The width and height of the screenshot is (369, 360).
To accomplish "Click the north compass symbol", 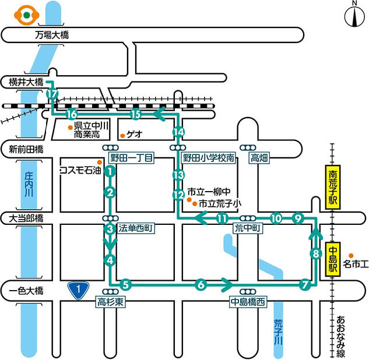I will coord(354,17).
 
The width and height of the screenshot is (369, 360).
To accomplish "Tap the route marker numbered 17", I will coord(53,94).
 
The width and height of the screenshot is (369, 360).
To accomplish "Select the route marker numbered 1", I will coord(109,171).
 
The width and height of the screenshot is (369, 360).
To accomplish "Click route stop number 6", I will coord(201,285).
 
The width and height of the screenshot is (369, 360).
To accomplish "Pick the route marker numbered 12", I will coord(179,194).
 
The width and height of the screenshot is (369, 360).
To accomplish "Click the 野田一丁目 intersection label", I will coord(132,158).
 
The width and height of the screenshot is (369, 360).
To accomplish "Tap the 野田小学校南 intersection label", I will coord(209,158).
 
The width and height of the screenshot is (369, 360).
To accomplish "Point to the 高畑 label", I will coord(258,158).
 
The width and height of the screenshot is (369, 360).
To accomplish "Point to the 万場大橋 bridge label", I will coord(52,36).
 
